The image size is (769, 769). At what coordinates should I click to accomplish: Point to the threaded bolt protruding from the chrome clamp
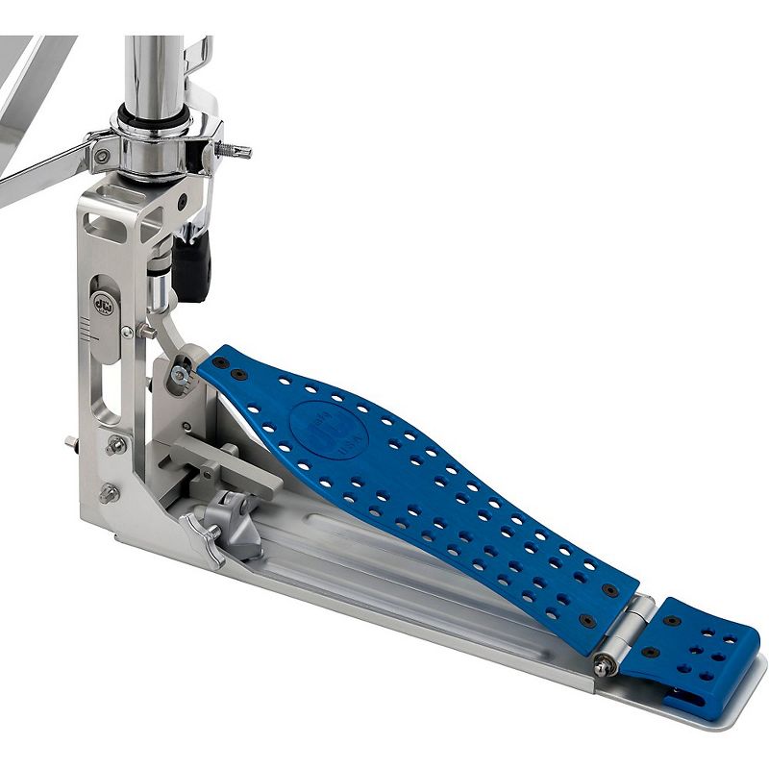pos(235,151)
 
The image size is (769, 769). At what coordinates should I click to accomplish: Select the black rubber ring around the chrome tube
pos(154,123)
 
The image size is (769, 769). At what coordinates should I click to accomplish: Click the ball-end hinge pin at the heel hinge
pos(604,664)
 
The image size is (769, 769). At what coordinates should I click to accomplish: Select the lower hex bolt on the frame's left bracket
pos(109,494)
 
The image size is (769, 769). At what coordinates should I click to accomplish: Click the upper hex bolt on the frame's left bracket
pos(116,445)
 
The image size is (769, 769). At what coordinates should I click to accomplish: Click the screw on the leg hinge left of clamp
pos(101,155)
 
